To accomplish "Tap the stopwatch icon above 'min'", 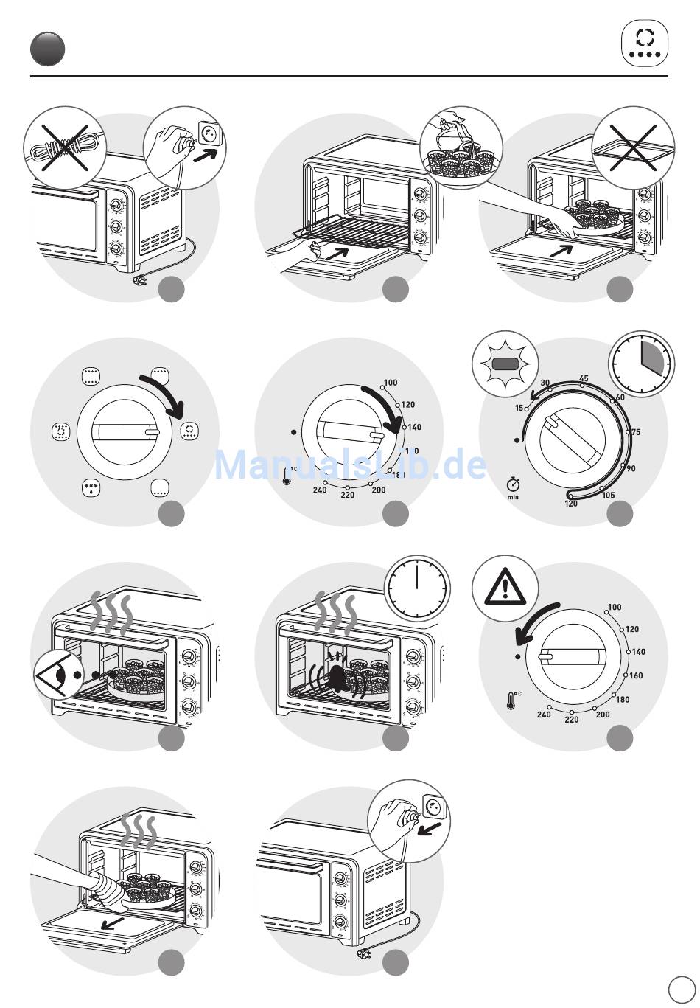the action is pos(513,484).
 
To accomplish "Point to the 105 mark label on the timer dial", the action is pos(609,496).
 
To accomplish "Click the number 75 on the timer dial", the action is pos(635,432).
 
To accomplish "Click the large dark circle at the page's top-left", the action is pos(47,49).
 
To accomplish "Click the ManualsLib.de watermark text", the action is pos(350,465).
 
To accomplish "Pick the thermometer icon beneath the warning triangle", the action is pos(511,700).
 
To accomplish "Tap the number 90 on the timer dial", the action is pos(631,468).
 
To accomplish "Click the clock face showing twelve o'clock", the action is pos(417,588).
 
